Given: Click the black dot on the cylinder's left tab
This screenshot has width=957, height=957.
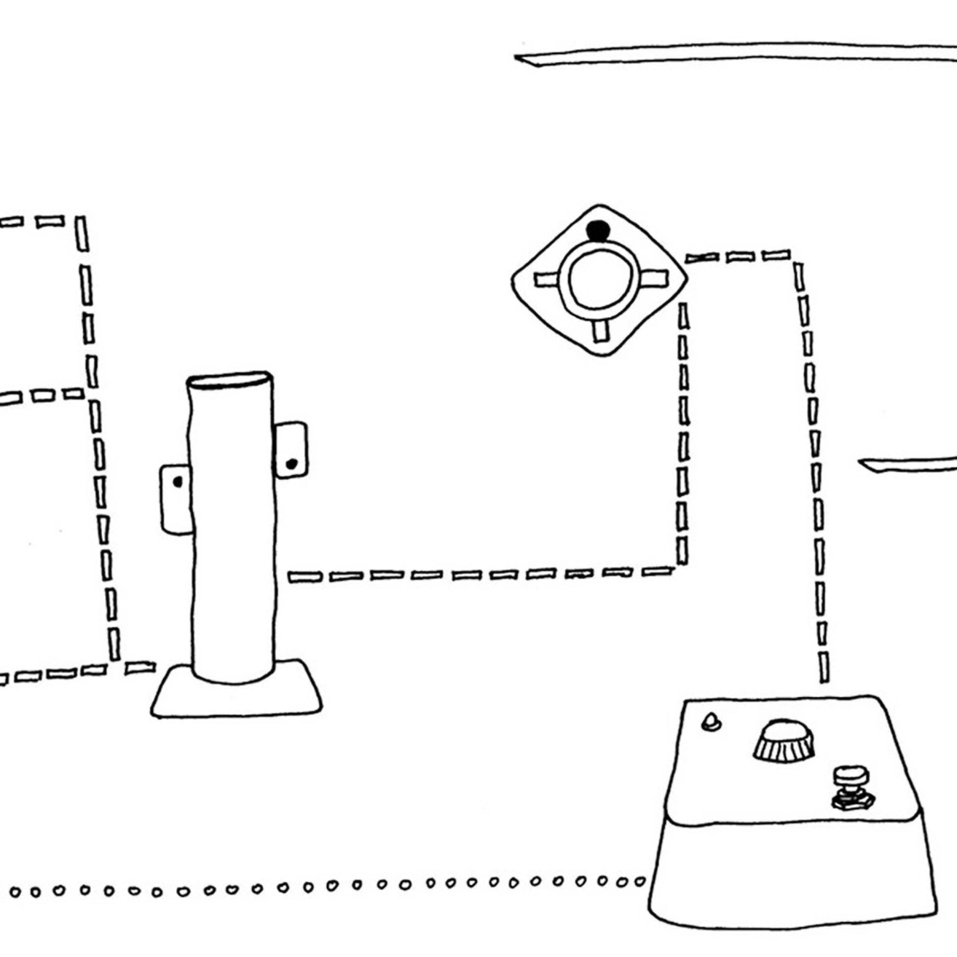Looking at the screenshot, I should [178, 481].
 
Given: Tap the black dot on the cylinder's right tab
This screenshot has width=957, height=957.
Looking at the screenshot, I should [292, 464].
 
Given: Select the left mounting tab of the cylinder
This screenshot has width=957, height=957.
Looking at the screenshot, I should [175, 499].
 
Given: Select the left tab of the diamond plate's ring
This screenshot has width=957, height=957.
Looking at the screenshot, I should [546, 280].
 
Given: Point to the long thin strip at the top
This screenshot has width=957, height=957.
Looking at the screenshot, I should [733, 54].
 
